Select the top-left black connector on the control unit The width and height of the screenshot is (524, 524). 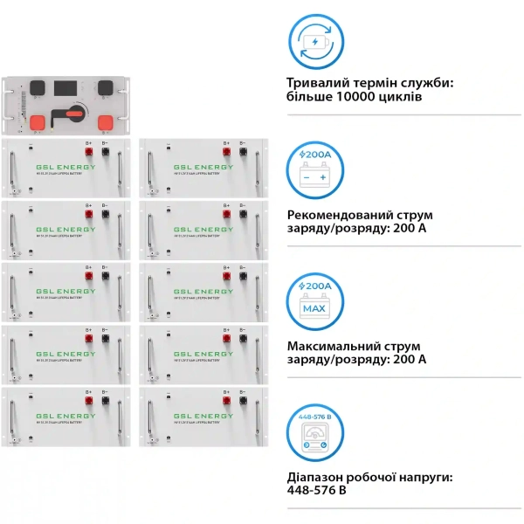[37, 87]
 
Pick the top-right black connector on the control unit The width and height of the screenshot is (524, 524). [104, 87]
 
